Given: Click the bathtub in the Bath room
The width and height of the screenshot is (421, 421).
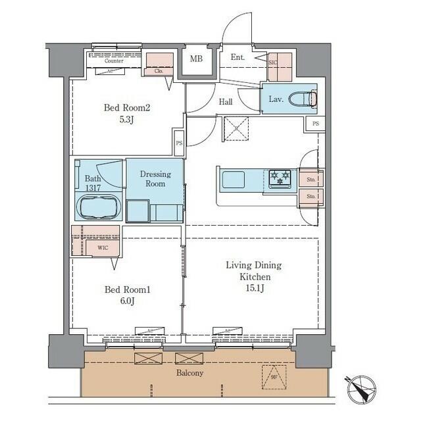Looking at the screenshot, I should click(x=99, y=207).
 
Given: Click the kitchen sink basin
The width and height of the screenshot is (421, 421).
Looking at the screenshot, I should click(x=233, y=179).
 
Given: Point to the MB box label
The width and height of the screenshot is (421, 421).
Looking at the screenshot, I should click(x=196, y=59).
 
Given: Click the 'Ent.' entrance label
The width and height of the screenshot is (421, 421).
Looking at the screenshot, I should click(x=237, y=58).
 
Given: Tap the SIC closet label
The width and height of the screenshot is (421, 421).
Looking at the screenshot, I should click(x=274, y=62).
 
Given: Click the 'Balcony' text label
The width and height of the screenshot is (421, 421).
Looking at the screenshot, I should click(x=189, y=373).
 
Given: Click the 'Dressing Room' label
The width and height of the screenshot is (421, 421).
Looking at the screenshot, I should click(x=155, y=179).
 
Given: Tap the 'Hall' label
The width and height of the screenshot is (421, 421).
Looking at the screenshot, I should click(x=226, y=102).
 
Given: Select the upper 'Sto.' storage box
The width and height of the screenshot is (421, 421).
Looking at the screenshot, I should click(x=310, y=178).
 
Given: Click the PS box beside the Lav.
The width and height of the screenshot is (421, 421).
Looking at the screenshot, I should click(x=315, y=124).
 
